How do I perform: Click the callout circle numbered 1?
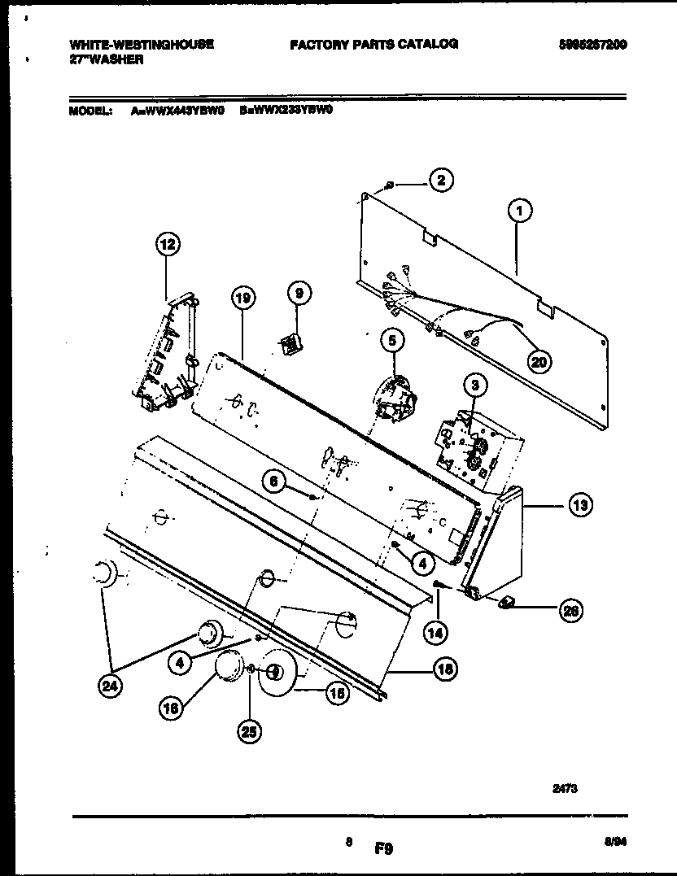[519, 211]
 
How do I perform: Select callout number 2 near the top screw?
[440, 181]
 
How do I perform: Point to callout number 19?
[242, 299]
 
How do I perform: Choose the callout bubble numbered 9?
[298, 292]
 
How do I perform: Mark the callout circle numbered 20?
[539, 361]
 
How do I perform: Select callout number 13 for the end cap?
[579, 506]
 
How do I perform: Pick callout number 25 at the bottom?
[249, 732]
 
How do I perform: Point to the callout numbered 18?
[443, 669]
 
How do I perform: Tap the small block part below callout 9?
[288, 346]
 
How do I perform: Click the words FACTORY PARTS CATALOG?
[374, 44]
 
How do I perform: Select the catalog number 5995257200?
[593, 44]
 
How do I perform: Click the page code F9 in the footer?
[384, 848]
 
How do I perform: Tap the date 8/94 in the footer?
[615, 843]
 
